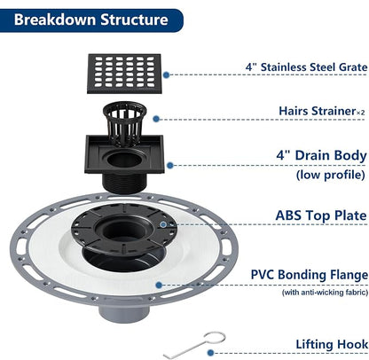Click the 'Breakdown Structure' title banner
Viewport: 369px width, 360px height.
(x=91, y=20)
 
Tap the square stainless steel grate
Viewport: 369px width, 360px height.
(x=124, y=74)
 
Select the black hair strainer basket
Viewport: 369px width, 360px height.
(x=124, y=121)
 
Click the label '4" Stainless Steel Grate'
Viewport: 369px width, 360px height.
(x=307, y=67)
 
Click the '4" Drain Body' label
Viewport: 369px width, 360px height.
(x=322, y=156)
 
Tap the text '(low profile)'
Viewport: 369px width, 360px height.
(x=331, y=175)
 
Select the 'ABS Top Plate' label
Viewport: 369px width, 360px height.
(x=321, y=215)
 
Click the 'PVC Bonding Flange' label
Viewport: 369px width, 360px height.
(x=310, y=275)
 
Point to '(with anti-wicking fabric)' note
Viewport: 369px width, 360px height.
(x=325, y=293)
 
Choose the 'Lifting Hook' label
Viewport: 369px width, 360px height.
(x=332, y=344)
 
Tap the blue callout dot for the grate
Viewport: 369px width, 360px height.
(x=166, y=75)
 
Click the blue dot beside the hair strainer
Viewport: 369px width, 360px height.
(x=156, y=119)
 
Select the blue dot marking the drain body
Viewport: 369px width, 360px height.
(x=169, y=166)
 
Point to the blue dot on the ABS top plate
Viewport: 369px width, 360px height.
(x=163, y=224)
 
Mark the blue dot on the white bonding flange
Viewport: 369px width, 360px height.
(x=159, y=286)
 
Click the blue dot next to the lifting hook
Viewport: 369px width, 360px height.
(x=210, y=353)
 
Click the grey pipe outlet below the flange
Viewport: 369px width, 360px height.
(x=124, y=314)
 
